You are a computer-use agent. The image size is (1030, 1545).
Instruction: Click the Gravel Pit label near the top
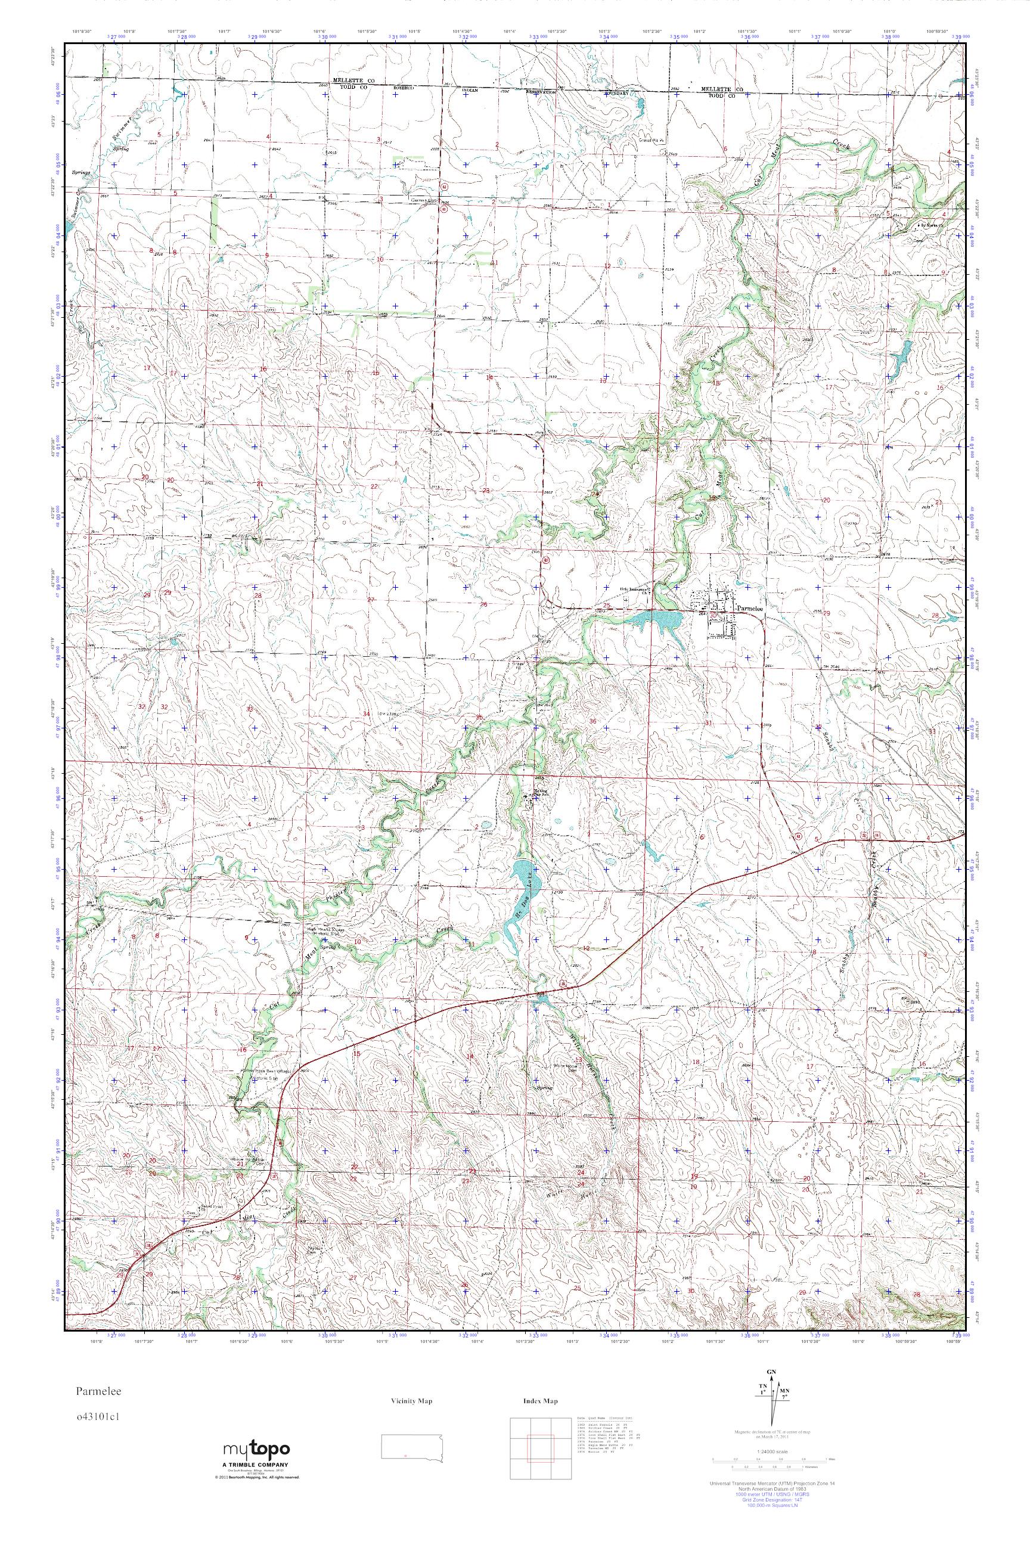654,140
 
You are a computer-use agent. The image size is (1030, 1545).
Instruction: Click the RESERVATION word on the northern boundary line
539,92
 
